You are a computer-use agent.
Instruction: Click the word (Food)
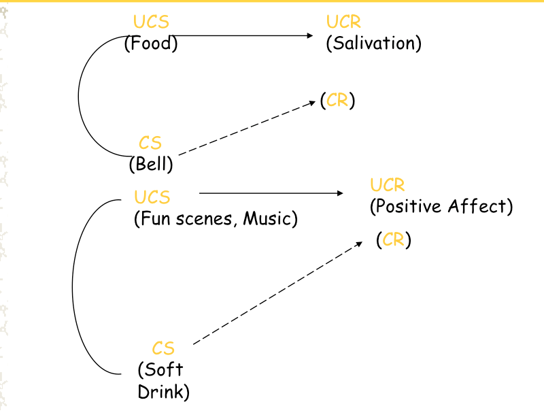[150, 44]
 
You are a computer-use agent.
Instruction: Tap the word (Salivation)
[374, 44]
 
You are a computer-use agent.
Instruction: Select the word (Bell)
[151, 164]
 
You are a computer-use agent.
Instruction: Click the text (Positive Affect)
[441, 206]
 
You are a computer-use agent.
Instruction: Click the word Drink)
[163, 392]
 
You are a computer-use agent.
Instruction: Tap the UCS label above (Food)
[151, 23]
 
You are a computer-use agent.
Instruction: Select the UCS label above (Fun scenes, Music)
[152, 197]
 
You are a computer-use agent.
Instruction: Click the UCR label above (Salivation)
[343, 23]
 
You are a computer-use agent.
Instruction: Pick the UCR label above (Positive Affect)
[388, 184]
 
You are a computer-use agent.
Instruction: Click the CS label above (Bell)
[150, 143]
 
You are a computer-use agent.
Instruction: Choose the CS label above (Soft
[163, 349]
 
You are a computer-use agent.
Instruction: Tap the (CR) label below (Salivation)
[338, 101]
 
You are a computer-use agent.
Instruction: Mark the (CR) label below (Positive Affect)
[394, 239]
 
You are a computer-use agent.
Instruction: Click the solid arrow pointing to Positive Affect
[272, 193]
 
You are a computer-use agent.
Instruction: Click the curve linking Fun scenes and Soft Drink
[73, 286]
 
